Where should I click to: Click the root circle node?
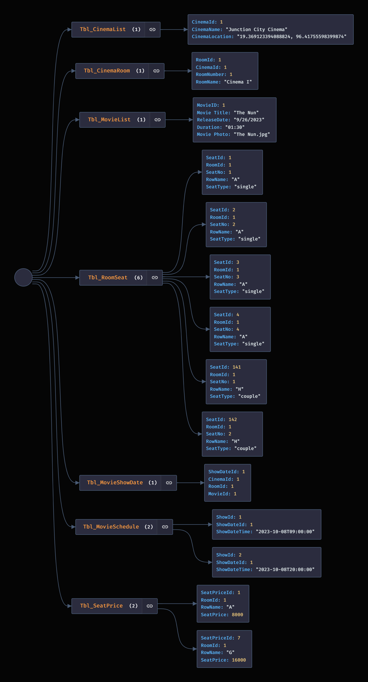[23, 277]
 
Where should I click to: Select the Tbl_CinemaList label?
[103, 29]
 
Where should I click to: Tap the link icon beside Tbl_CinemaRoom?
[156, 71]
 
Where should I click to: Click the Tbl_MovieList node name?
[109, 120]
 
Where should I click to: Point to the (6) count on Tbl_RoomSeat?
[138, 277]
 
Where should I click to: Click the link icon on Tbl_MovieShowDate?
[169, 483]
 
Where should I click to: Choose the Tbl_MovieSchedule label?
[111, 527]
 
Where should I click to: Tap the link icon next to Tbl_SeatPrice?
[150, 606]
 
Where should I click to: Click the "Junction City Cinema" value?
[256, 29]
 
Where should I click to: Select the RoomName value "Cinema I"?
[238, 82]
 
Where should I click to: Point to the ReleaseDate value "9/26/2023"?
[249, 120]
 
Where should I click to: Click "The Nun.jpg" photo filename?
[252, 134]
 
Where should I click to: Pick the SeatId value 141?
[237, 367]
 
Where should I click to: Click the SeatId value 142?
[233, 419]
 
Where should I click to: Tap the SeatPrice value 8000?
[237, 615]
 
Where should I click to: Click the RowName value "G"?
[230, 652]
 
